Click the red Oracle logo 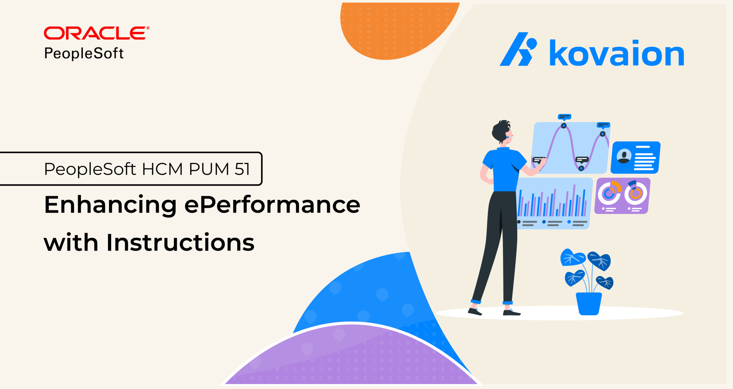pyautogui.click(x=96, y=33)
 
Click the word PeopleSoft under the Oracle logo pyautogui.click(x=84, y=53)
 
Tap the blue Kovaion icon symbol pyautogui.click(x=518, y=49)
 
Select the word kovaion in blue pyautogui.click(x=617, y=53)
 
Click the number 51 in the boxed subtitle pyautogui.click(x=242, y=169)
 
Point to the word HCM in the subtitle pyautogui.click(x=162, y=169)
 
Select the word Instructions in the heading pyautogui.click(x=180, y=242)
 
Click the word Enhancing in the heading pyautogui.click(x=111, y=205)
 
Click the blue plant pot pyautogui.click(x=588, y=303)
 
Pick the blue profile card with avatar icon pyautogui.click(x=635, y=157)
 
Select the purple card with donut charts pyautogui.click(x=622, y=196)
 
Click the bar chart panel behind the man pyautogui.click(x=554, y=203)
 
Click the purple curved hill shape pyautogui.click(x=351, y=358)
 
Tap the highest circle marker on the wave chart pyautogui.click(x=563, y=126)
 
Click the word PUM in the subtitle pyautogui.click(x=209, y=169)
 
